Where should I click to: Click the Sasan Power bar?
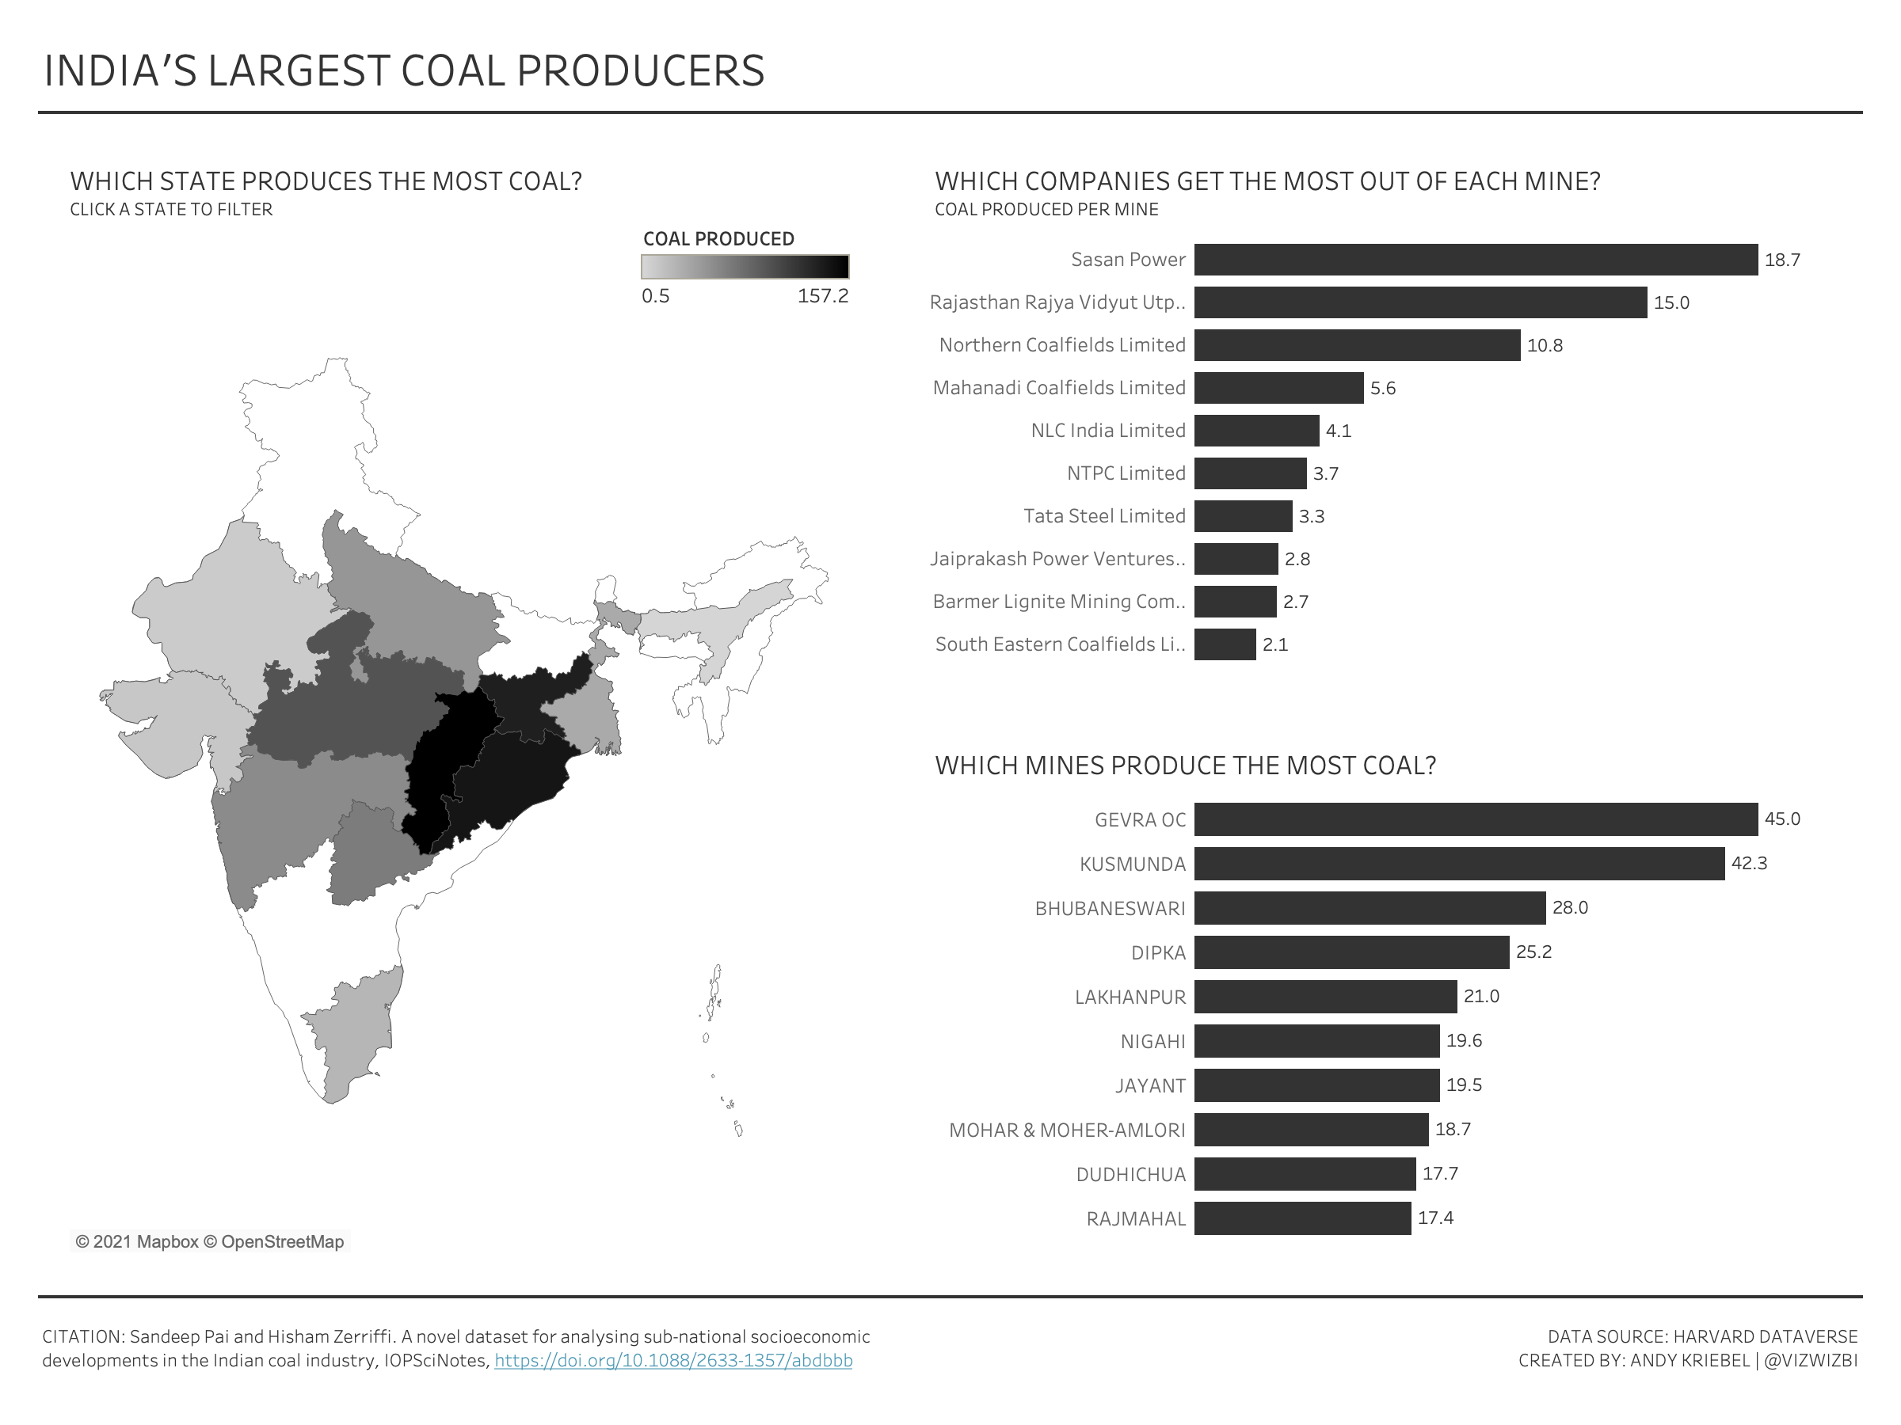[x=1475, y=260]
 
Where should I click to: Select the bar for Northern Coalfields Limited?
[x=1356, y=345]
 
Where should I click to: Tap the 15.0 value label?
[x=1671, y=302]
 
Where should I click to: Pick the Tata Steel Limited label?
[x=1103, y=516]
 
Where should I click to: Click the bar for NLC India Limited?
[x=1255, y=431]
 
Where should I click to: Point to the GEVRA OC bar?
[x=1475, y=819]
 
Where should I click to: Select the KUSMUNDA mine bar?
[x=1458, y=863]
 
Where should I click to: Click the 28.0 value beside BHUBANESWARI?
[x=1569, y=908]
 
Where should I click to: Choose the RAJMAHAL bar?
[x=1302, y=1218]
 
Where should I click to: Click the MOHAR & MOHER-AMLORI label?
[x=1066, y=1130]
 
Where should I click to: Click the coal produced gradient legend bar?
[x=745, y=267]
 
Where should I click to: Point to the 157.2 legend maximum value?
[x=821, y=296]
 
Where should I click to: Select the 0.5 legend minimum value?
[x=655, y=296]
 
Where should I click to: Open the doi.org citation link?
[x=673, y=1361]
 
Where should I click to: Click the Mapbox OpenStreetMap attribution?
[x=210, y=1241]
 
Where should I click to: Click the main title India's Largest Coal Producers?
[x=404, y=70]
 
